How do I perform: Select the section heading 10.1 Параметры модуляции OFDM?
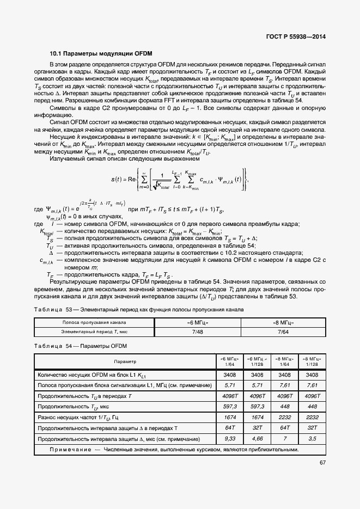(x=101, y=54)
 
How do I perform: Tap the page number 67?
(x=322, y=463)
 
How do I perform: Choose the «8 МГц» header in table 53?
(x=283, y=323)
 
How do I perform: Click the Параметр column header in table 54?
(x=125, y=361)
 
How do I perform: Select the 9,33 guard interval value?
(x=229, y=438)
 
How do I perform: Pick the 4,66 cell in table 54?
(x=255, y=438)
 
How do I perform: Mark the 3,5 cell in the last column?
(x=312, y=438)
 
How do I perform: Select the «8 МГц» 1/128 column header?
(x=312, y=361)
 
